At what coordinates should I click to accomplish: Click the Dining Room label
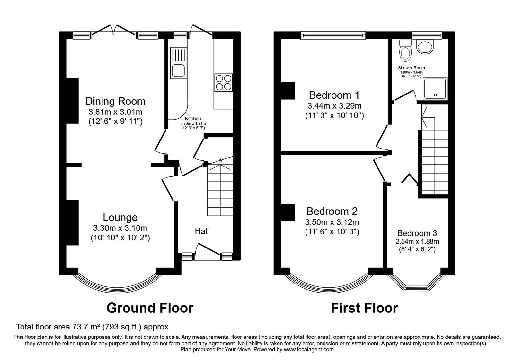coord(115,101)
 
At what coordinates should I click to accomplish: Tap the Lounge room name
coord(120,217)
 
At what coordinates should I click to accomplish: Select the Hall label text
coord(202,231)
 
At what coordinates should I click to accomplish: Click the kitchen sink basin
coord(179,71)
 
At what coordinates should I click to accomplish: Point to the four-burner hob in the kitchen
coord(224,82)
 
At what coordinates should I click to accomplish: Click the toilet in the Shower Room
coord(405,50)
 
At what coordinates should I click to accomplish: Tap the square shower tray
coord(435,89)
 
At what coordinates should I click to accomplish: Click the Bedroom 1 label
coord(334,95)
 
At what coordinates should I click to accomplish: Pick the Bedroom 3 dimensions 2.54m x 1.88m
coord(417,241)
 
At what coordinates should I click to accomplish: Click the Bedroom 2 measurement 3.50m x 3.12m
coord(332,222)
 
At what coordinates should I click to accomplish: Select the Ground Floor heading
coord(150,308)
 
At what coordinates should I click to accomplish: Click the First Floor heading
coord(364,308)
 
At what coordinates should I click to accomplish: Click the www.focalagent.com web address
coord(309,349)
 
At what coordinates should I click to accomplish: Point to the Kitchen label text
coord(193,119)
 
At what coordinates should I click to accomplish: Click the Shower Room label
coord(411,68)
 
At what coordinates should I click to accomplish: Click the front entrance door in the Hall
coord(207,251)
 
